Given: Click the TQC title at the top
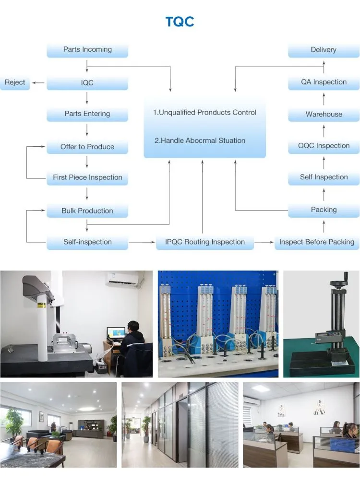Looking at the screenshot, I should coord(180,22).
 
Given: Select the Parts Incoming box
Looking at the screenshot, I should coord(87,50).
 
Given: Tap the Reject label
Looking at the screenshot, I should coord(15,82).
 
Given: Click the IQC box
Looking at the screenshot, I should coord(87,83).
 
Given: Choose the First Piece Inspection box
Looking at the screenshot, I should coord(87,177).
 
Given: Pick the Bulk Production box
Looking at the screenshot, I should coord(87,211).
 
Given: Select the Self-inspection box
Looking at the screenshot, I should coord(87,242).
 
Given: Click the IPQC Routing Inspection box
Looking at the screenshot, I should coord(204,242).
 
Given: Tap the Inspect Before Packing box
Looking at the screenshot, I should coord(317,242).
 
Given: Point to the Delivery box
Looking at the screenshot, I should coord(324,50).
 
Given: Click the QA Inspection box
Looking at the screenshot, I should coord(324,82).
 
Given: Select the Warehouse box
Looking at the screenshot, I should coord(324,114).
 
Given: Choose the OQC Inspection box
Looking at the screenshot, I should coord(324,146).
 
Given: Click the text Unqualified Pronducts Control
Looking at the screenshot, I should coord(204,113).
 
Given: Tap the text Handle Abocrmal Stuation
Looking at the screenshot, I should coord(200,141).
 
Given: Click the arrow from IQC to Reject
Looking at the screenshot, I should coord(39,83).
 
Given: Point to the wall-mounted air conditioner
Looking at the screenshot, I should coord(122,279).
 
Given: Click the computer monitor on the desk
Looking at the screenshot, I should coord(116,333).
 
